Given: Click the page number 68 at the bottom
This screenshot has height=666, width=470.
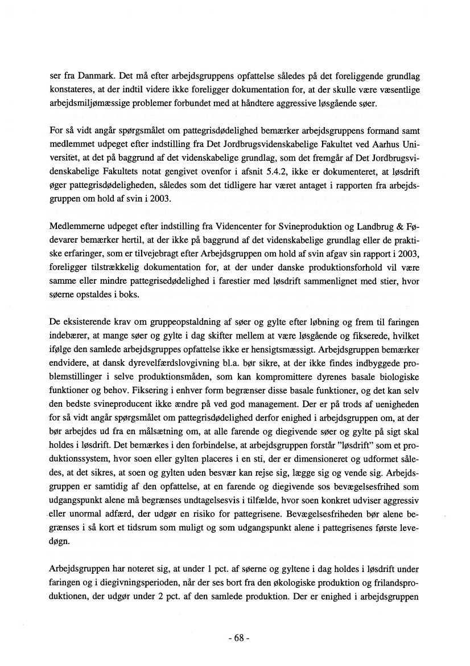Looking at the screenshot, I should pyautogui.click(x=235, y=638).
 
